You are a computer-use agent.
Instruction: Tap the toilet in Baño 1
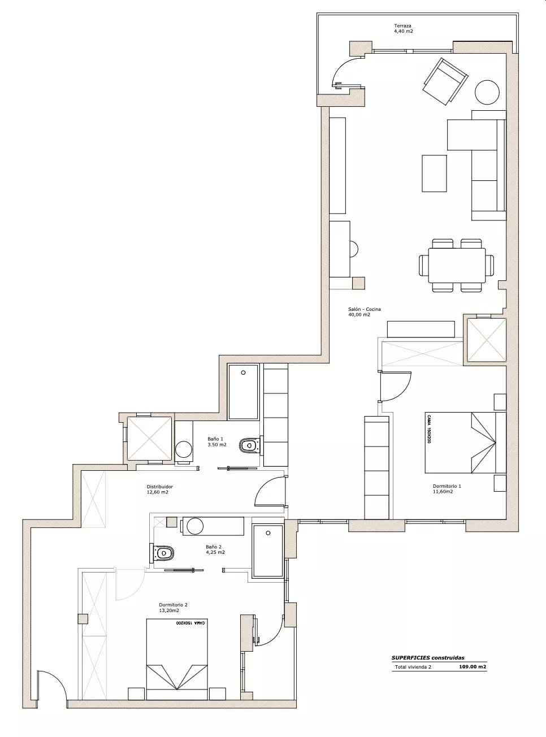[249, 445]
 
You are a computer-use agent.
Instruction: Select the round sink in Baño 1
[184, 449]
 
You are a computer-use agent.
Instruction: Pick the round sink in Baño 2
[195, 526]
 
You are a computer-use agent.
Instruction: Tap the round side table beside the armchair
[487, 93]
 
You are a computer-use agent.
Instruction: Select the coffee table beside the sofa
[434, 173]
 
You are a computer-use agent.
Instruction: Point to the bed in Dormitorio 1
[466, 443]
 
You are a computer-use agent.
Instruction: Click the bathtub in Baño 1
[243, 392]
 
